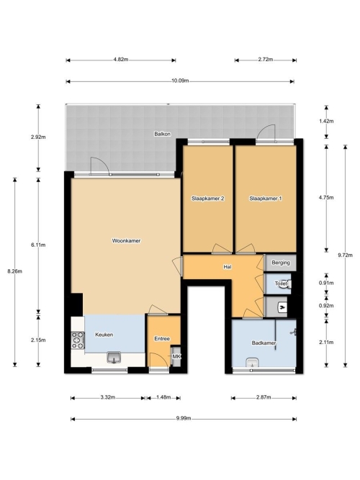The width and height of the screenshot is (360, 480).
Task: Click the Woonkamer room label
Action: [x=126, y=241]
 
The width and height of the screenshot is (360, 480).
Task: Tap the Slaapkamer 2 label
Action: [x=208, y=199]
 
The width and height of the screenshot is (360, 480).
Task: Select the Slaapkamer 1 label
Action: [x=266, y=199]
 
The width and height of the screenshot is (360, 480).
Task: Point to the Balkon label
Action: [x=163, y=134]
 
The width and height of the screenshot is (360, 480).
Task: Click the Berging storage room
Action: [x=280, y=263]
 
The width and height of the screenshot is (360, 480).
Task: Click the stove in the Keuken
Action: [x=78, y=340]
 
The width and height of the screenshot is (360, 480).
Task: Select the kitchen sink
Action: [x=114, y=357]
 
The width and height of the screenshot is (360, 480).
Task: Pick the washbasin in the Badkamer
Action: [x=253, y=363]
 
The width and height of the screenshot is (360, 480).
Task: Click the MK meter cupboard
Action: [x=176, y=356]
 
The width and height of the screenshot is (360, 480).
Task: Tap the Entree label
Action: [x=162, y=338]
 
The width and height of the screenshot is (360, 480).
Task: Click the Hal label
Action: [x=227, y=267]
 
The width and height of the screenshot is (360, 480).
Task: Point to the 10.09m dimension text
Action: [x=180, y=81]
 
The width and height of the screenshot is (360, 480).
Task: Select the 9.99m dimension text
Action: [x=184, y=418]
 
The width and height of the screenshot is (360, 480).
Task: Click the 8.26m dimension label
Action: [x=14, y=271]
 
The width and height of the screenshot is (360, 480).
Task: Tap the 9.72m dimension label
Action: [x=346, y=255]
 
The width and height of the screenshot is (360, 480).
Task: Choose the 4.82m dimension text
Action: [x=121, y=60]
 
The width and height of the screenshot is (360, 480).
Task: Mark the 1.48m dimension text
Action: [x=163, y=397]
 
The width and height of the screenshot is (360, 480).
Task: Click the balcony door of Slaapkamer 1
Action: [x=266, y=135]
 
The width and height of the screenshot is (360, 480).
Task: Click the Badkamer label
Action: [x=264, y=343]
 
